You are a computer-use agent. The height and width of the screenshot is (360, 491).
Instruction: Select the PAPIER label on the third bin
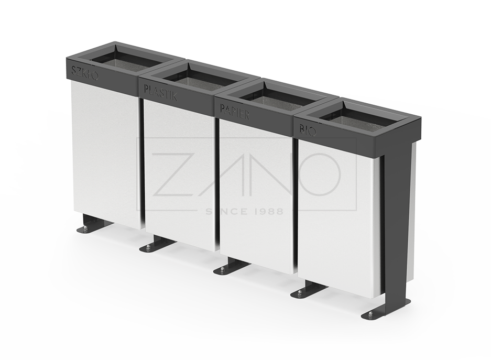click(x=235, y=111)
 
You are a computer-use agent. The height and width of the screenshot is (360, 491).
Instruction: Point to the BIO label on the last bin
click(x=308, y=129)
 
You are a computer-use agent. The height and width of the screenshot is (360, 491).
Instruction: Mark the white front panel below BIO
click(x=335, y=215)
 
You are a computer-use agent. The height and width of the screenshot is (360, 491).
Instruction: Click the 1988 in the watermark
click(x=267, y=211)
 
